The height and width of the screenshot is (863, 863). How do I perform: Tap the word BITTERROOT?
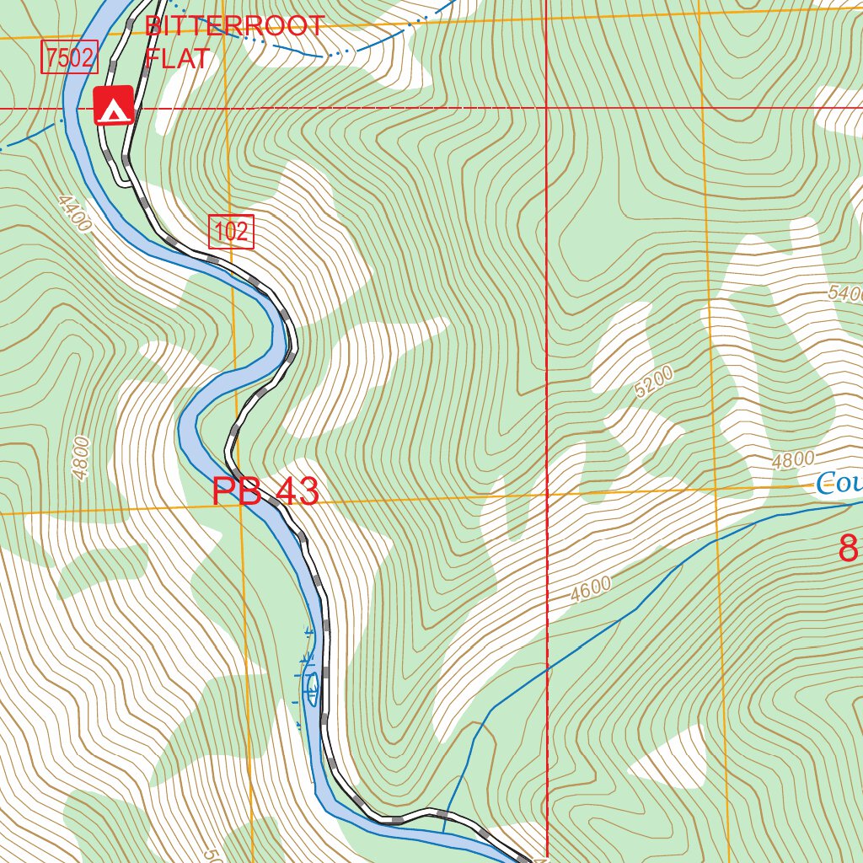(x=234, y=25)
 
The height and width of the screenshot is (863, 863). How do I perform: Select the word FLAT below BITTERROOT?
(x=177, y=58)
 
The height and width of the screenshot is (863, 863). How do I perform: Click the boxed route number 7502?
(x=71, y=58)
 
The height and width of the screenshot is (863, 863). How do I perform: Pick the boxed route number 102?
(x=231, y=232)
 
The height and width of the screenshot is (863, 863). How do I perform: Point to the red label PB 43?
(x=265, y=492)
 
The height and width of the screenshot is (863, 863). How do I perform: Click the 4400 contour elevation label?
(x=74, y=215)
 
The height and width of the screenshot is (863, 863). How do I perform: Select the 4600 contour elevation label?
(x=590, y=587)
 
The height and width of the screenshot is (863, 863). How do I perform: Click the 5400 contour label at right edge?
(x=845, y=293)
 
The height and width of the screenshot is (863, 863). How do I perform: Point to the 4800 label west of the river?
(x=81, y=458)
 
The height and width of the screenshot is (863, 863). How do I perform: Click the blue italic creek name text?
(x=839, y=484)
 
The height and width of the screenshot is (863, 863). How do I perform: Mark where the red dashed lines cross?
(x=547, y=109)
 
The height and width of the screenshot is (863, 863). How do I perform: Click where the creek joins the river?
(x=443, y=830)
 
